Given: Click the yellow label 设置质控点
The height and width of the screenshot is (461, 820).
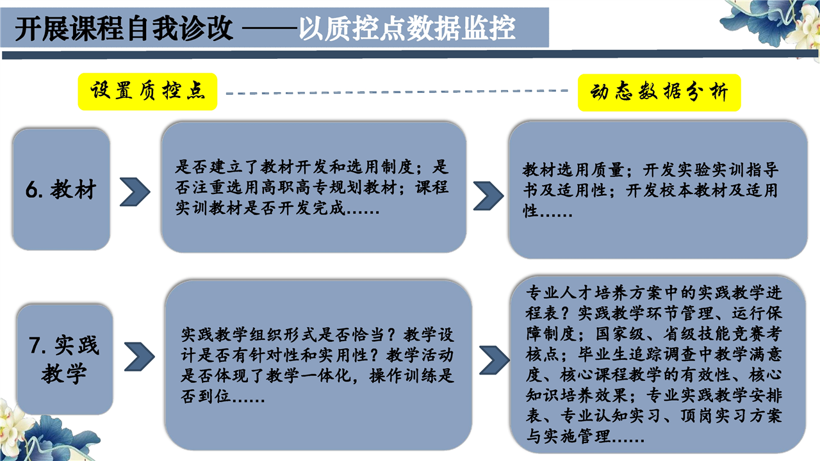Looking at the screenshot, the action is click(147, 92).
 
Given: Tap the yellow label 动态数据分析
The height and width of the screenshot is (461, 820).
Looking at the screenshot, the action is click(659, 93).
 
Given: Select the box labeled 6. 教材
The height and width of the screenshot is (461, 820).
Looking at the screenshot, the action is click(61, 189).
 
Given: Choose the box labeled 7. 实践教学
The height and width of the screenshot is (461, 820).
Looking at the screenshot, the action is click(65, 360).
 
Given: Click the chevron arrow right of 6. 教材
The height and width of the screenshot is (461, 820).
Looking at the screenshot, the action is click(135, 191).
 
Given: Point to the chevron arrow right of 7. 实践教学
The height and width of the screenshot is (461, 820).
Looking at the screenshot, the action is click(140, 357).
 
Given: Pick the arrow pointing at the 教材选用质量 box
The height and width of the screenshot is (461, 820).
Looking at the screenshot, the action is click(489, 196).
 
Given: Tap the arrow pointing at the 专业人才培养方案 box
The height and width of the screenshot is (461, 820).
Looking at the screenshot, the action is click(495, 360).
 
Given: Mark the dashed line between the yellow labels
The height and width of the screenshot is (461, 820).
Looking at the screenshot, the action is click(397, 92).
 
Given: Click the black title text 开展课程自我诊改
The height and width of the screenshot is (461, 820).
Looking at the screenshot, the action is click(124, 29).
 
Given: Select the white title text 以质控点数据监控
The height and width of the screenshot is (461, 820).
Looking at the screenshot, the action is click(407, 29).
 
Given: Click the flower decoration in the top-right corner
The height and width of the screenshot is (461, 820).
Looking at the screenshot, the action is click(773, 24).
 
